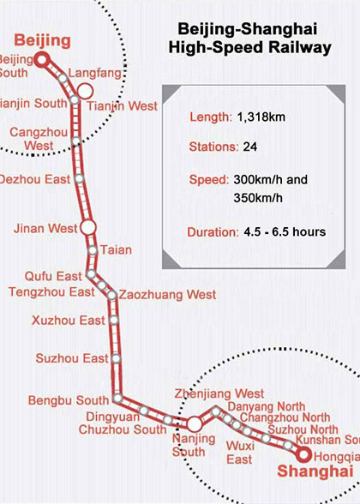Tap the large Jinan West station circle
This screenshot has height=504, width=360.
tap(87, 228)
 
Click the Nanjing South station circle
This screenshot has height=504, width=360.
tap(195, 423)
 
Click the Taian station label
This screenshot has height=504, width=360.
tap(116, 249)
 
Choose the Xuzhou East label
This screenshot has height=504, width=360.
tap(68, 321)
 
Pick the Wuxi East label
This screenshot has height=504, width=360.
tap(239, 453)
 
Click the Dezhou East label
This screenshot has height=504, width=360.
tap(35, 180)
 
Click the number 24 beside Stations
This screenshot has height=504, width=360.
tap(250, 147)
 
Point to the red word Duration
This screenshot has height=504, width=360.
tap(209, 231)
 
